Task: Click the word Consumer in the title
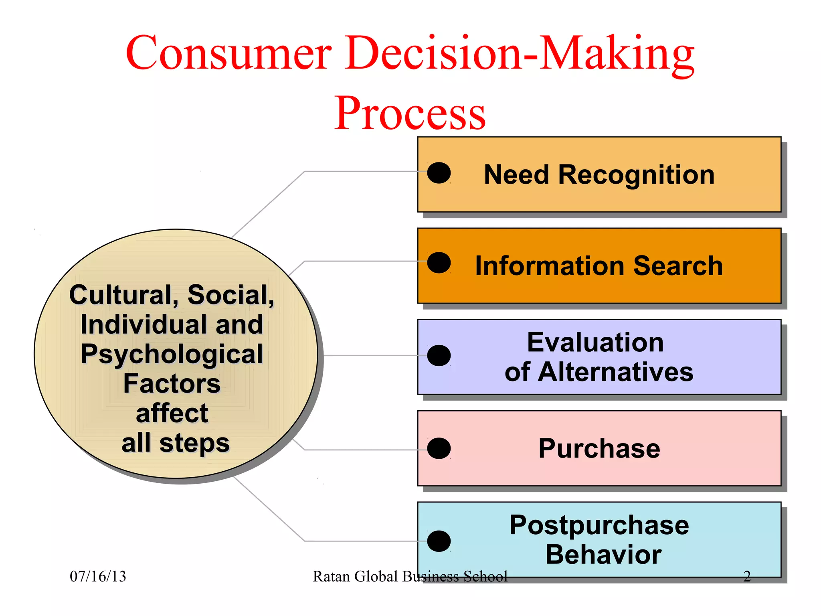pos(229,53)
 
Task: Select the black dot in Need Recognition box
pos(439,173)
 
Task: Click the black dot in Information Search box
pos(439,263)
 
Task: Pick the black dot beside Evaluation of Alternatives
pos(439,355)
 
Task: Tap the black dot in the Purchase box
pos(439,448)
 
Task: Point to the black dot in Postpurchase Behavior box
pos(439,541)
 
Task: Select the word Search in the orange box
pos(678,266)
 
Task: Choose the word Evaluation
pos(595,342)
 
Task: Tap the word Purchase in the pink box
pos(599,448)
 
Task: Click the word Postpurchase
pos(599,525)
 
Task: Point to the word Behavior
pos(603,555)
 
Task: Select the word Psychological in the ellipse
pos(172,355)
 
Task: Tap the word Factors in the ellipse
pos(172,384)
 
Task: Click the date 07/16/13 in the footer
pos(98,577)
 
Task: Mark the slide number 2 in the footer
pos(747,577)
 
